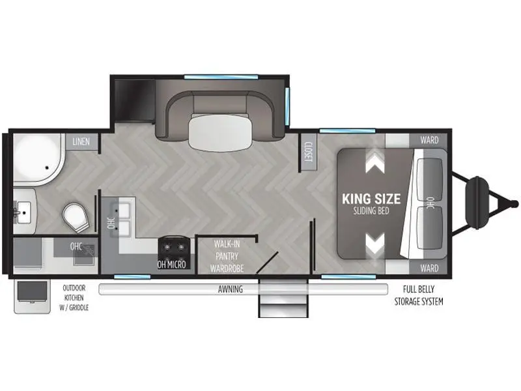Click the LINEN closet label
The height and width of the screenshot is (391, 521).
pos(81,141)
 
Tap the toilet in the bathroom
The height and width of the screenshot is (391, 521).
pos(76,218)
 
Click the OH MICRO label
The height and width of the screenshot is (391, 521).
pos(171,265)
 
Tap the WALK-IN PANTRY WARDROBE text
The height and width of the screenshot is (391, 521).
pos(227,256)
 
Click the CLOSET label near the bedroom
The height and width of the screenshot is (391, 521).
pos(309,152)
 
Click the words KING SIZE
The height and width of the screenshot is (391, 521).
pos(371,199)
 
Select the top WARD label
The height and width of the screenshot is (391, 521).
pos(429,140)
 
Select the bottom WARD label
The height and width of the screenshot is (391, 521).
pos(429,268)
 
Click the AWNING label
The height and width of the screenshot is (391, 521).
pos(231,289)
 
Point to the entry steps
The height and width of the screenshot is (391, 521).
pos(283,298)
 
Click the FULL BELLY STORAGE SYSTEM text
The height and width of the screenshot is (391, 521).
pos(419,296)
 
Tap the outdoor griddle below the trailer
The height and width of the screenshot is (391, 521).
pos(32,297)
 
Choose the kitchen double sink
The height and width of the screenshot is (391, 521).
pos(120,216)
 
